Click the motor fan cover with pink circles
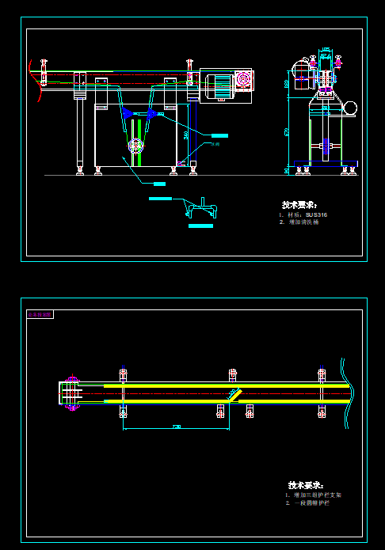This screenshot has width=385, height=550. [243, 81]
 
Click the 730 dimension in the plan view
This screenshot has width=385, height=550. [176, 427]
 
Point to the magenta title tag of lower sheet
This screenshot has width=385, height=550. [40, 314]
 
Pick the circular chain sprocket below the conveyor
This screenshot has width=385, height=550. [135, 146]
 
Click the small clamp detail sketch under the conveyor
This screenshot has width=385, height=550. [200, 208]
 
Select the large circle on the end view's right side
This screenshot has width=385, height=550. [350, 107]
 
